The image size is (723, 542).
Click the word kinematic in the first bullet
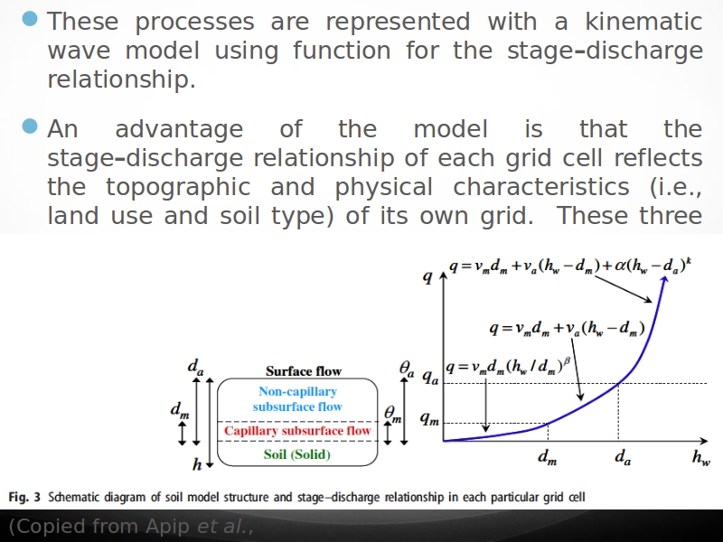tap(643, 22)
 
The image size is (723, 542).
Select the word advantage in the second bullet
tap(179, 129)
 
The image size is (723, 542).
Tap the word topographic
tap(178, 188)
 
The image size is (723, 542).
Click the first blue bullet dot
tap(30, 19)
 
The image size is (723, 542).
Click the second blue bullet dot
tap(30, 126)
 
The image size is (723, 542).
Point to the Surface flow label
tap(304, 371)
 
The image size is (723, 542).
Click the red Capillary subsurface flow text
tap(297, 431)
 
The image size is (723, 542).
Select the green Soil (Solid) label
tap(297, 454)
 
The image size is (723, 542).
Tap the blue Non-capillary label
tap(297, 391)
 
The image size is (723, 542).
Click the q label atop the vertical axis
tap(427, 276)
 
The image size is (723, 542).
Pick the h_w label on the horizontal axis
tap(701, 457)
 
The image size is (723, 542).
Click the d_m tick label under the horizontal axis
tap(548, 458)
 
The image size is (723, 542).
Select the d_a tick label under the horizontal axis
tap(623, 457)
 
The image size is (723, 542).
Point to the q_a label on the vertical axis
tap(430, 378)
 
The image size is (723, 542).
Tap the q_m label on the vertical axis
tap(428, 418)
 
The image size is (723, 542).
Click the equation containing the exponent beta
tap(508, 366)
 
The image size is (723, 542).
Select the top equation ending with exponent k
tap(570, 266)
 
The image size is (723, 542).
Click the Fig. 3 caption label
tap(24, 498)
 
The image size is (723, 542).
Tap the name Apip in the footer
tap(167, 527)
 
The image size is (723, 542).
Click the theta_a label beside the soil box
tap(406, 369)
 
